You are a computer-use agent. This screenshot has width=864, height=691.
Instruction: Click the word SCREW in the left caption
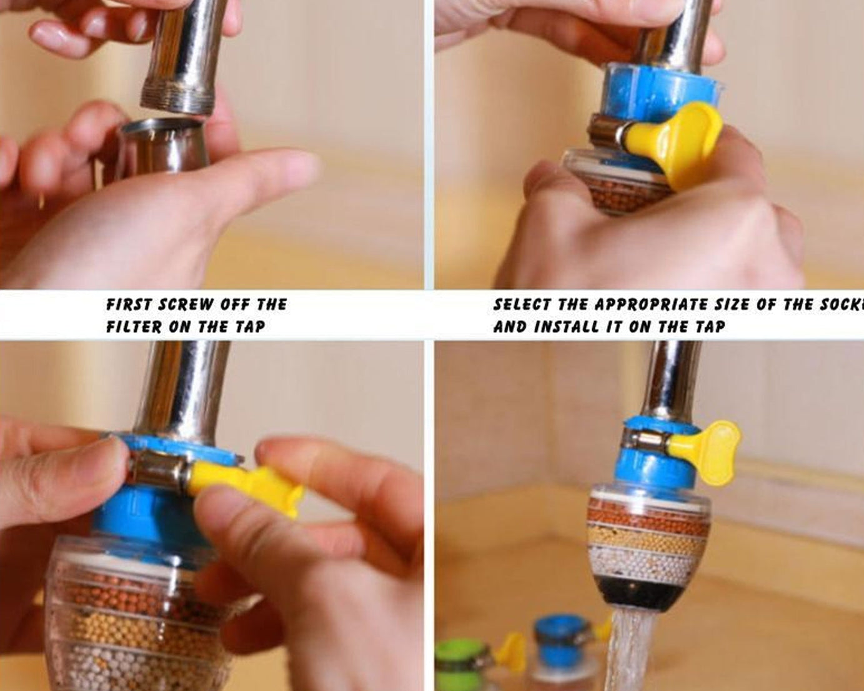[x=185, y=305]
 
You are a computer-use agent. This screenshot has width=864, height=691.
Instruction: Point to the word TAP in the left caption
[x=251, y=327]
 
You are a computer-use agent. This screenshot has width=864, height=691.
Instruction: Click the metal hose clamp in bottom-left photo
[x=159, y=469]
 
